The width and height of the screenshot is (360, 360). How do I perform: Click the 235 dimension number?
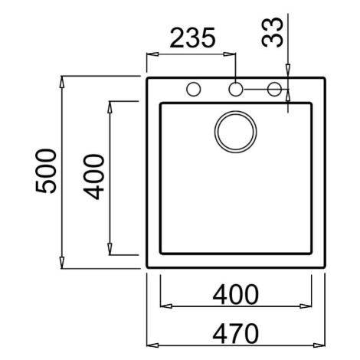193,38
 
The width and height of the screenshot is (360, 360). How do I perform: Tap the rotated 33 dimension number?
273,32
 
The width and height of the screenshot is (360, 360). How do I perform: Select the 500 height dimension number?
45,171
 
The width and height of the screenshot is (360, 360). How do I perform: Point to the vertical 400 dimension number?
94,177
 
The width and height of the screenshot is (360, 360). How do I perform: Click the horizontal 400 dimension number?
235,295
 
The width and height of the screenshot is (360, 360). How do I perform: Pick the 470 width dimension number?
235,333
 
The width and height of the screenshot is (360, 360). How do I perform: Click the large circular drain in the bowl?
235,132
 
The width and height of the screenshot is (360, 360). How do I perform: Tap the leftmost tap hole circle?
194,90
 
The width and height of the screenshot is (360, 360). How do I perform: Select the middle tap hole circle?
235,90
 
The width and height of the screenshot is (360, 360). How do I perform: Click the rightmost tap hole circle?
274,90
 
